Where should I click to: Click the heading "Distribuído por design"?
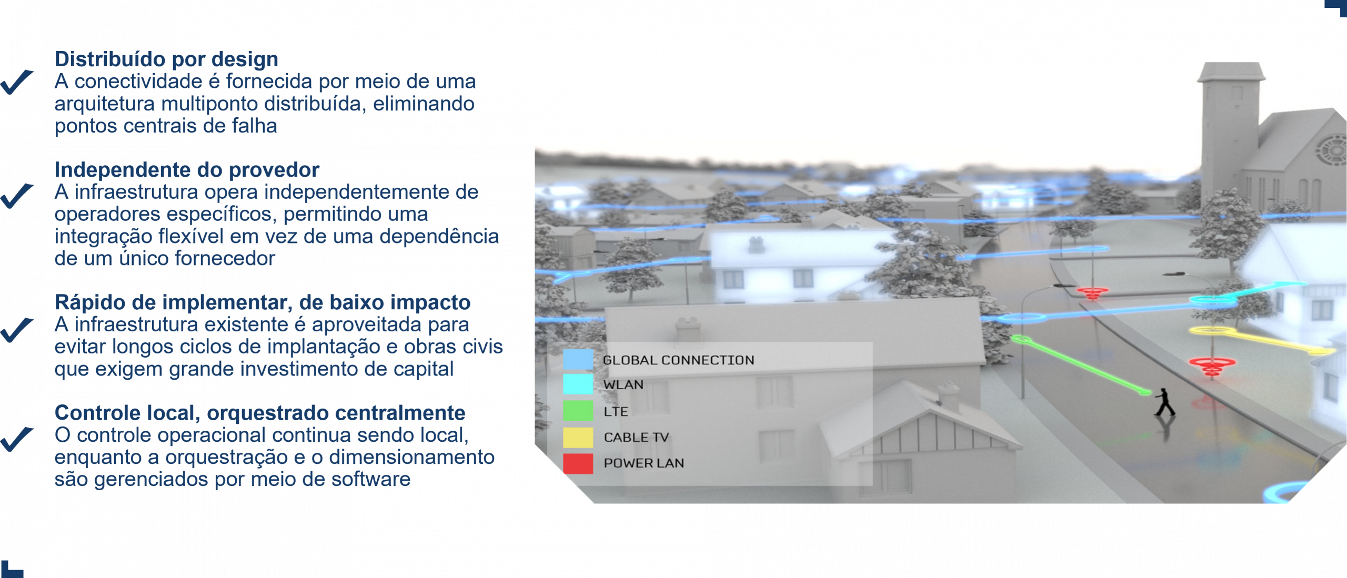point(166,59)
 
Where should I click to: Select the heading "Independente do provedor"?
point(187,170)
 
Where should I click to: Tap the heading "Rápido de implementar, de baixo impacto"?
point(263,302)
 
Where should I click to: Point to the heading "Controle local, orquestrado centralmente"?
point(260,413)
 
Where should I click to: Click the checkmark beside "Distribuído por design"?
point(17,82)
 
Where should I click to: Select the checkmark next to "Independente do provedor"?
point(17,196)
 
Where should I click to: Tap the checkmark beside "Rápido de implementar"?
point(17,330)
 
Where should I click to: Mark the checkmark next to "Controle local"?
point(17,439)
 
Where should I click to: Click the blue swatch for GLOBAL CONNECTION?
point(578,360)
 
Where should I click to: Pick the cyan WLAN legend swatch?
point(578,384)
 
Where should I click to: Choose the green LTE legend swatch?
point(578,411)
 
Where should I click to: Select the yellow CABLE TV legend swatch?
point(578,437)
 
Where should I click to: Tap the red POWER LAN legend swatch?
point(578,463)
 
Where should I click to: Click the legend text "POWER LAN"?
point(644,463)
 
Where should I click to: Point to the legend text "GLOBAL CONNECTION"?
point(678,360)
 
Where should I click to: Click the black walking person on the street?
point(1165,402)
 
